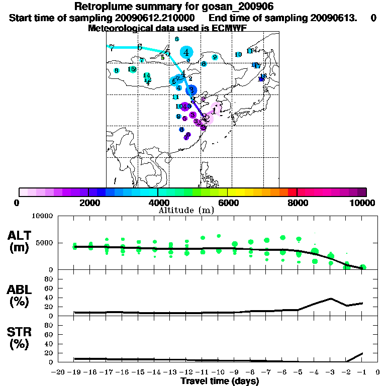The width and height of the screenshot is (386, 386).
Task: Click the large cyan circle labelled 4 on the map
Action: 187,52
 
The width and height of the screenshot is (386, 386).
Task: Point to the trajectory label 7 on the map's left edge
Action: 112,48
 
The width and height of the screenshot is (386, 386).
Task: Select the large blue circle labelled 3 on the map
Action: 191,90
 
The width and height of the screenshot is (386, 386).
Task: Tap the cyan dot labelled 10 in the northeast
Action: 238,54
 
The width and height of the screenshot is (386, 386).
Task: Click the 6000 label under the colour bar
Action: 227,203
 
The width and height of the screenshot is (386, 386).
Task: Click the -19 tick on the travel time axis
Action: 74,372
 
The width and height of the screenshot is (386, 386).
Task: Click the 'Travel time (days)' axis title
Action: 220,381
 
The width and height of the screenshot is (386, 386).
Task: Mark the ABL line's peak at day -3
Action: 331,298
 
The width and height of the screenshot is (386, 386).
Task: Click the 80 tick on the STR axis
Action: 50,325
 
